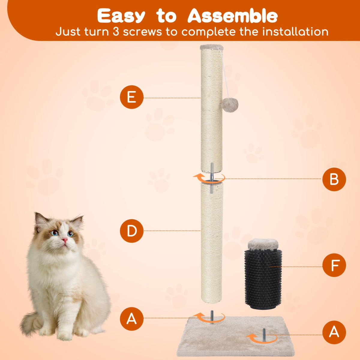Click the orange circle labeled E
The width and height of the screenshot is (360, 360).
pyautogui.click(x=132, y=97)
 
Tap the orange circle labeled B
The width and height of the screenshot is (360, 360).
pyautogui.click(x=334, y=179)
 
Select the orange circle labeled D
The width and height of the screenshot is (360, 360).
pyautogui.click(x=132, y=231)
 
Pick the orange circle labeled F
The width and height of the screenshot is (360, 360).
pyautogui.click(x=334, y=265)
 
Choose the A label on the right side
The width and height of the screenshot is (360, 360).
pyautogui.click(x=334, y=332)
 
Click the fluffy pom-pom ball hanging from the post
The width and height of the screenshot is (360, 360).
pyautogui.click(x=230, y=105)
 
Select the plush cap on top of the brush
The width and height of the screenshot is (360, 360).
pyautogui.click(x=263, y=245)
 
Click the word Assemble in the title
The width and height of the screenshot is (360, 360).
pyautogui.click(x=232, y=16)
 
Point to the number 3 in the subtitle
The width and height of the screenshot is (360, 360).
pyautogui.click(x=115, y=31)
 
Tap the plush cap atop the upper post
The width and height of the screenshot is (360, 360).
pyautogui.click(x=212, y=47)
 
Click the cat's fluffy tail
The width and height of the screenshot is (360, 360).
pyautogui.click(x=31, y=325)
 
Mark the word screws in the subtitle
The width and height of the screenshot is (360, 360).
pyautogui.click(x=142, y=32)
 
